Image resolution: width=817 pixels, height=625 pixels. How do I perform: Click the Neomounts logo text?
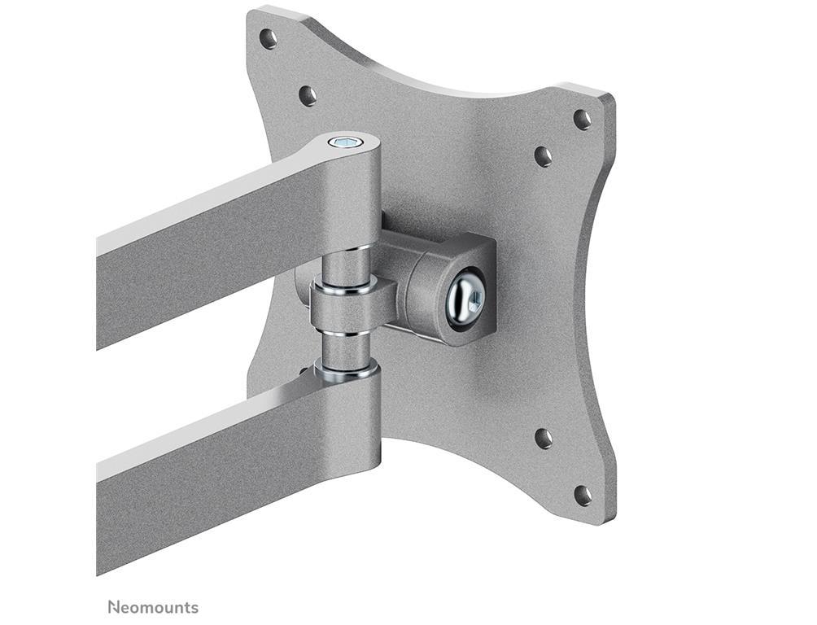153,607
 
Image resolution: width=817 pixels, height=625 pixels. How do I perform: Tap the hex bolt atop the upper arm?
346,142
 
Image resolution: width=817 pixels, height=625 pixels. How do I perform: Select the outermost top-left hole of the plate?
269,38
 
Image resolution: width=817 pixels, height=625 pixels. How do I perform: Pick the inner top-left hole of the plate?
308,95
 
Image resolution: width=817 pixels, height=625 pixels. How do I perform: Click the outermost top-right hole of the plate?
583,120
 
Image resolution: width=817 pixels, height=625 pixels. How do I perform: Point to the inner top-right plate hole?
543,156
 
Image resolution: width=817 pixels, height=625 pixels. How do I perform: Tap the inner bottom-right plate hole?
544,439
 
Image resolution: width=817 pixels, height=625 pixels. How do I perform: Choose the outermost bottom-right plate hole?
583,496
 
